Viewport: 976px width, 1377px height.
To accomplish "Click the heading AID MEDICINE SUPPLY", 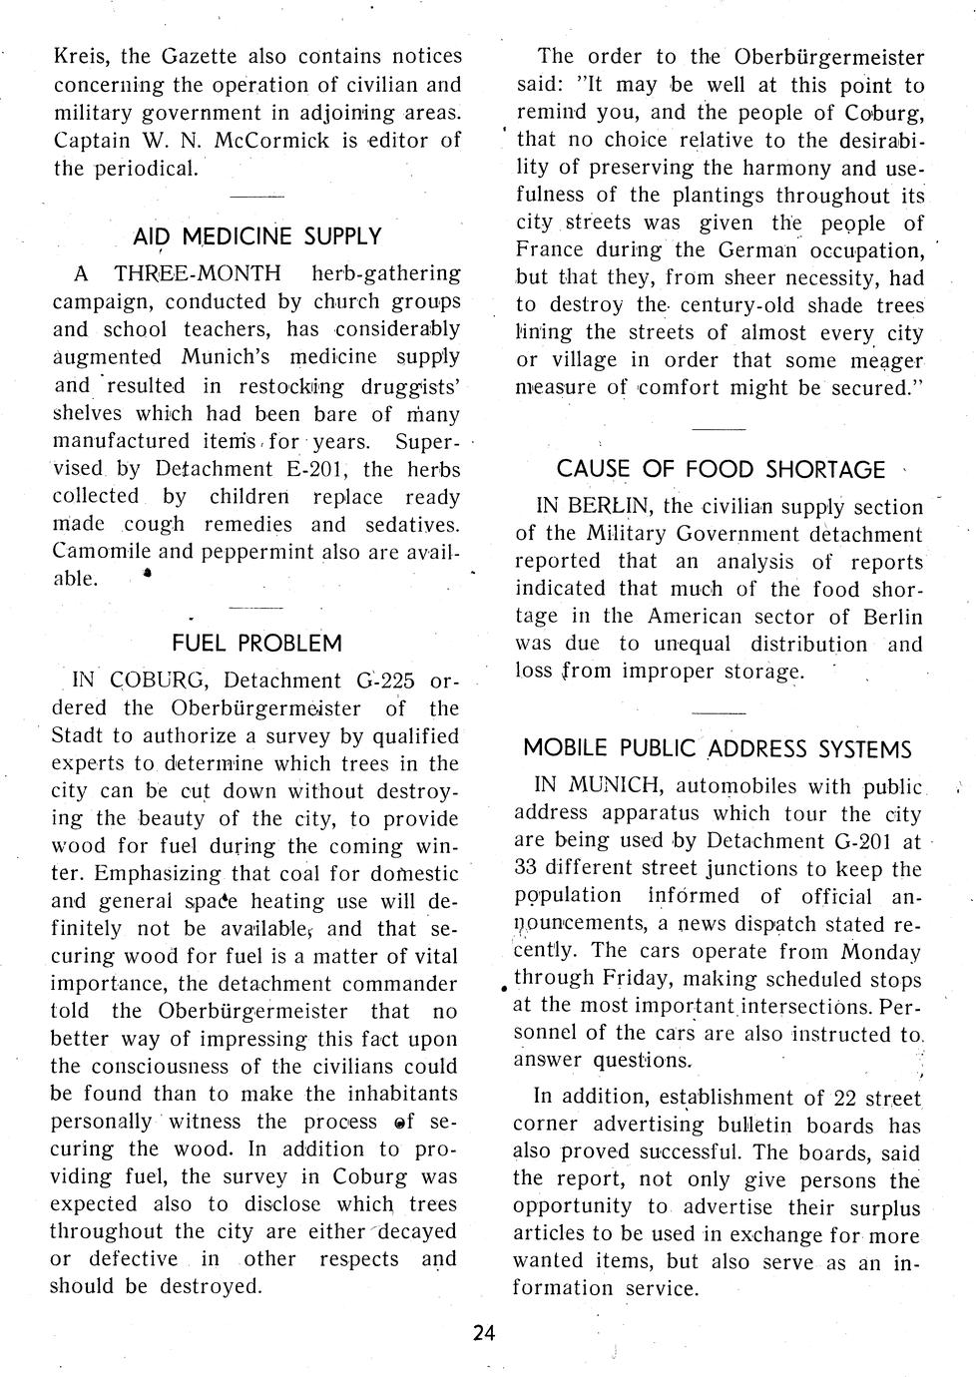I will [x=256, y=236].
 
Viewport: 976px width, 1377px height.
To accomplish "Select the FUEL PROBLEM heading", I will [x=256, y=643].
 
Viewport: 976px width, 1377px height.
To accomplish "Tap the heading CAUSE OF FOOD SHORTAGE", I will [x=721, y=469].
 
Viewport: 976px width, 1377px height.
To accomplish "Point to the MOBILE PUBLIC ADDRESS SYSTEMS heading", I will [x=718, y=748].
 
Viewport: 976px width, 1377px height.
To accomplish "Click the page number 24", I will [x=485, y=1333].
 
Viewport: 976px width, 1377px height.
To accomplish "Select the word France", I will [x=549, y=250].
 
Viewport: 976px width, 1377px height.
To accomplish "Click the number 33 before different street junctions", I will [x=528, y=869].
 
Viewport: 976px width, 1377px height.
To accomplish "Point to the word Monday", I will [x=881, y=952].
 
